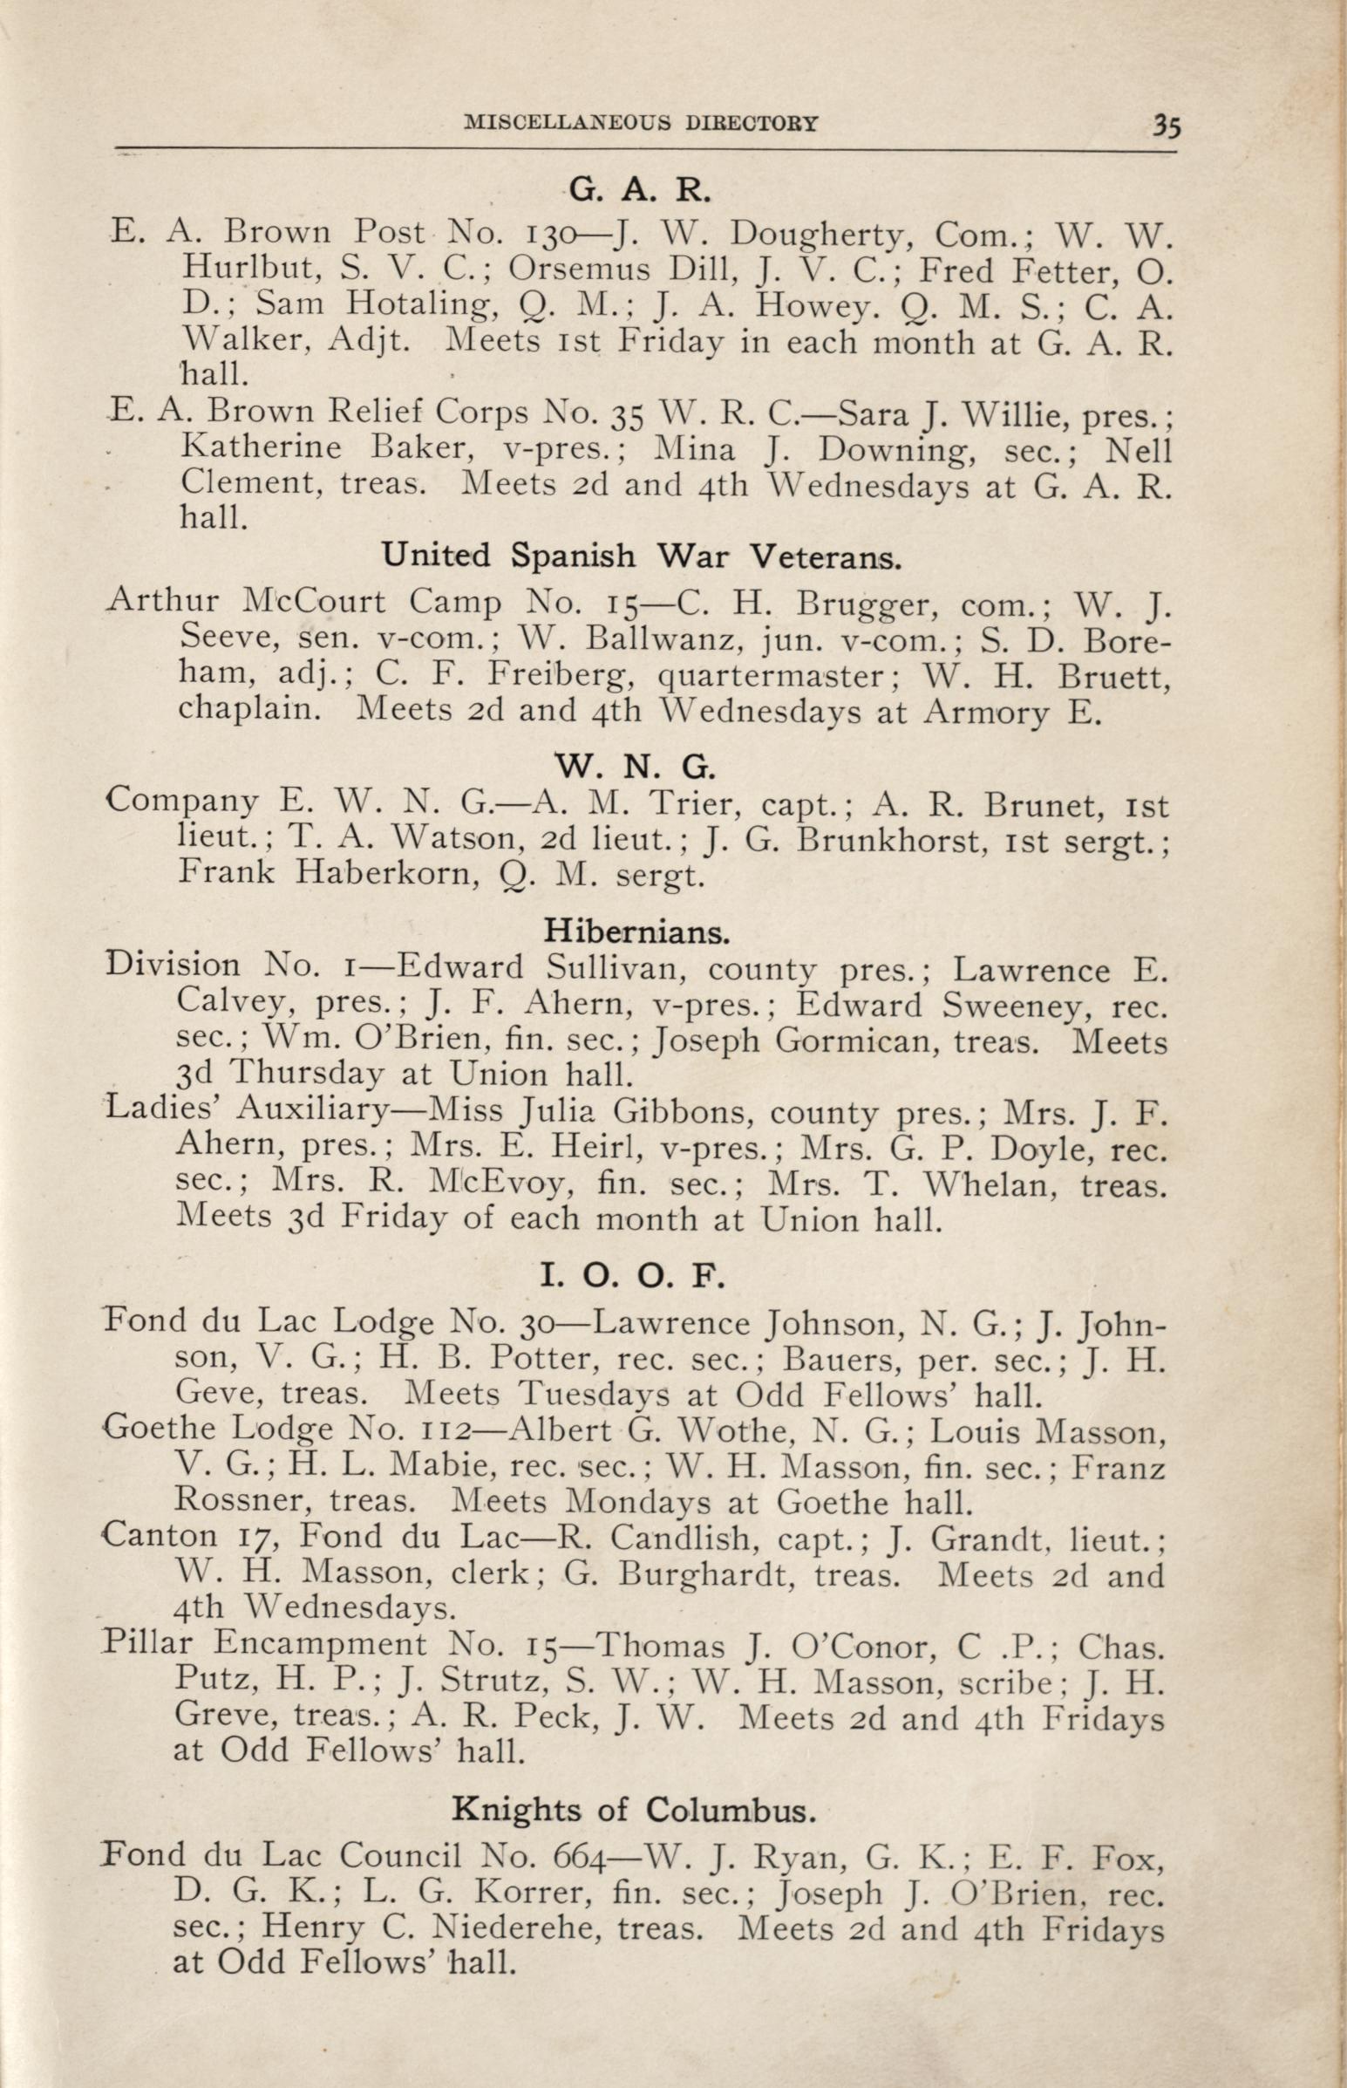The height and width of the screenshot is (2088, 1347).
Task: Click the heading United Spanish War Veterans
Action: pyautogui.click(x=642, y=556)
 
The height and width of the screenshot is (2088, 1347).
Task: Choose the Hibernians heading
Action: pyautogui.click(x=636, y=932)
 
